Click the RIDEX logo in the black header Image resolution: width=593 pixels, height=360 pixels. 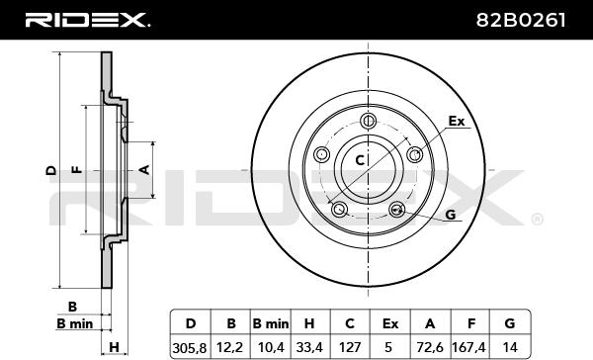coord(87,20)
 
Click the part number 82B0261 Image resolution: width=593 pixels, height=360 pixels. coord(521,20)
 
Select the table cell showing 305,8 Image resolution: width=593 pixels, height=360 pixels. coord(190,347)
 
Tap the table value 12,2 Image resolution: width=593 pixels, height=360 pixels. coord(229,347)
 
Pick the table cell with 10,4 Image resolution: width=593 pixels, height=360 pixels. coord(270,347)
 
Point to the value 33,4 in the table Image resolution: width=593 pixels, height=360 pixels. coord(309,347)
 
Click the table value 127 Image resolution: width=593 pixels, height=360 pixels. coord(350,347)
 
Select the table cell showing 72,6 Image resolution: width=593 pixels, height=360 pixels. coord(430,347)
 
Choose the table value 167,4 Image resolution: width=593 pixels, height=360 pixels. coord(470,347)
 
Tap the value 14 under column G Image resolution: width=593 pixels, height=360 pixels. coord(510,347)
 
